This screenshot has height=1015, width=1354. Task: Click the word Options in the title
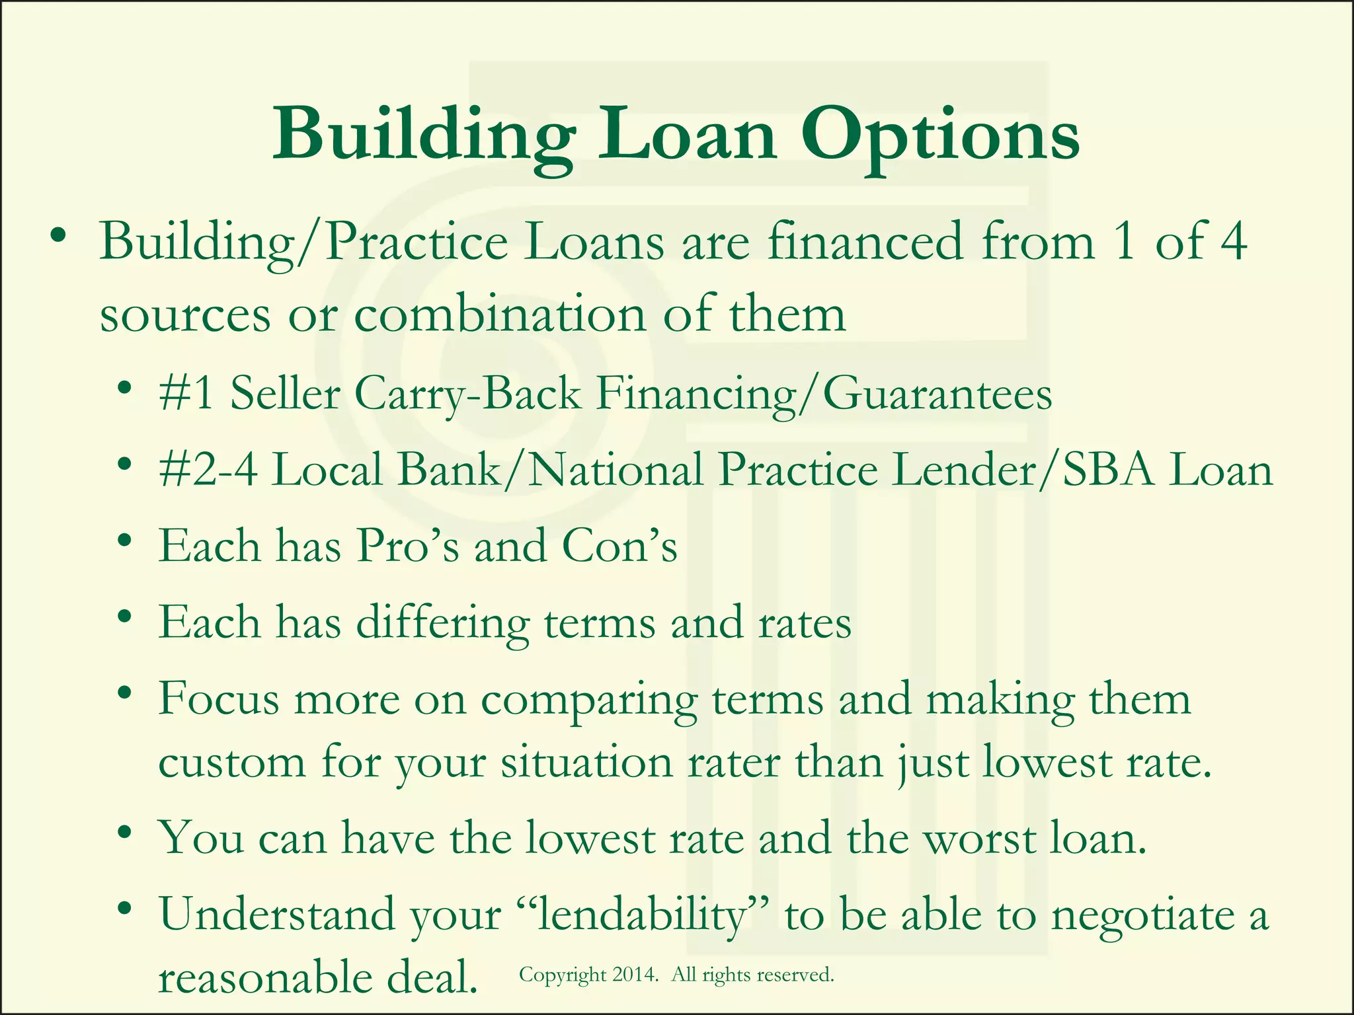click(940, 137)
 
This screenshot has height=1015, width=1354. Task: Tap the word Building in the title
click(423, 137)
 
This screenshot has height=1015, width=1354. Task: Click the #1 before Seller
click(186, 393)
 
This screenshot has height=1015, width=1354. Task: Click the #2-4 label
click(208, 470)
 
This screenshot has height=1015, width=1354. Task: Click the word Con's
click(619, 546)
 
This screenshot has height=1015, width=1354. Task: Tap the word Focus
click(218, 698)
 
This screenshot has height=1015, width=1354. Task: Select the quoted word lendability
click(642, 917)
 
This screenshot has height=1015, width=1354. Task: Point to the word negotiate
click(1142, 917)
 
